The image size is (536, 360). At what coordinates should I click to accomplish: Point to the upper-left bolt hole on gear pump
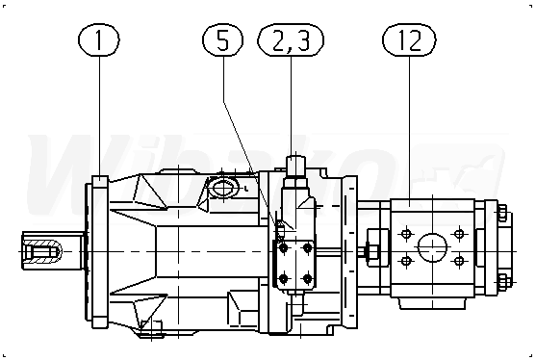pyautogui.click(x=406, y=234)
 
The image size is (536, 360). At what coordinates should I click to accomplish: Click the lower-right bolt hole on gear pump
pyautogui.click(x=459, y=261)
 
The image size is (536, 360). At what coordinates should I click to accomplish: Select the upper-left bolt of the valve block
pyautogui.click(x=283, y=248)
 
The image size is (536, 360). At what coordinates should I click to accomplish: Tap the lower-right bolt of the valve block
pyautogui.click(x=308, y=278)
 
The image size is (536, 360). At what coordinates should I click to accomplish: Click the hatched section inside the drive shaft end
pyautogui.click(x=42, y=251)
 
